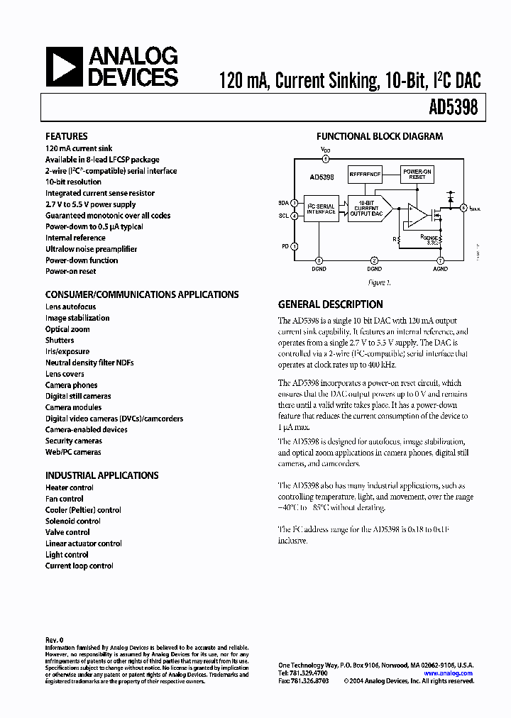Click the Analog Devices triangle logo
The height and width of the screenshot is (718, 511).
(62, 67)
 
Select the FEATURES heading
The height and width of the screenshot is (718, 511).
(66, 136)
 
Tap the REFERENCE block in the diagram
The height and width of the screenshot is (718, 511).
(365, 172)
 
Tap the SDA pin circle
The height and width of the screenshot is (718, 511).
(295, 203)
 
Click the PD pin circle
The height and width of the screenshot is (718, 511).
(295, 246)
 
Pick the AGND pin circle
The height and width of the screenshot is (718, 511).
(440, 260)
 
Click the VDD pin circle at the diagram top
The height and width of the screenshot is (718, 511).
(325, 159)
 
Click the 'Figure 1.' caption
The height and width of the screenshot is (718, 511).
(379, 282)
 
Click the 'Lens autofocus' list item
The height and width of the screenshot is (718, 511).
(70, 306)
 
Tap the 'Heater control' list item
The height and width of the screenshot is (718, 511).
(69, 487)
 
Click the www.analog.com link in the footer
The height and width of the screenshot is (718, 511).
(449, 673)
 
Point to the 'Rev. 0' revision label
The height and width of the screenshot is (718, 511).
(54, 640)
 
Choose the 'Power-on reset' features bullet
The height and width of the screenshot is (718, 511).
(70, 271)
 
